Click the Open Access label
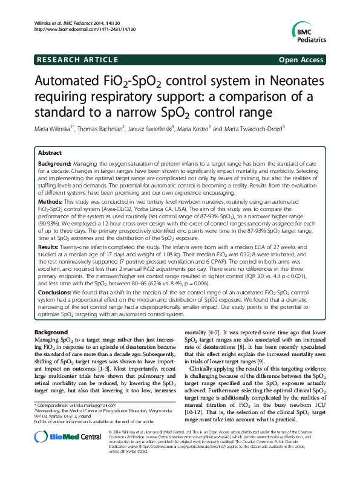pyautogui.click(x=302, y=60)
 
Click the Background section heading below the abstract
pyautogui.click(x=51, y=332)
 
